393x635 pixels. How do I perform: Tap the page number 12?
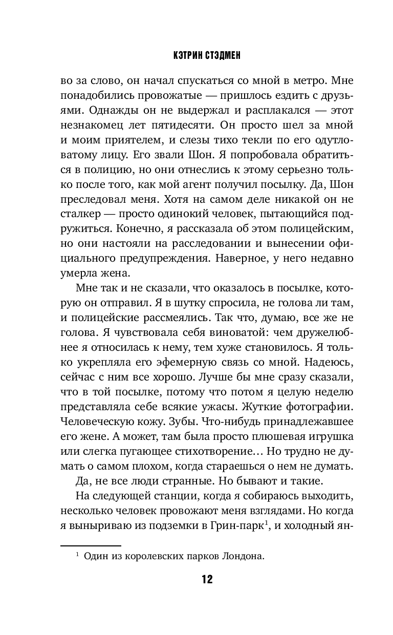coord(207,579)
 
